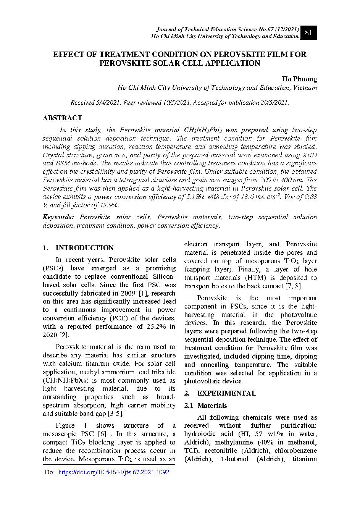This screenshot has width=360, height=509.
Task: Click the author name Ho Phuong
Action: coord(299,79)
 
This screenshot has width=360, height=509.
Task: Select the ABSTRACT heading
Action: coord(62,118)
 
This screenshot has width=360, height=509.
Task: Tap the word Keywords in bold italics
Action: coord(58,217)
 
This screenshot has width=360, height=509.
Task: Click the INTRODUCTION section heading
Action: coord(84,248)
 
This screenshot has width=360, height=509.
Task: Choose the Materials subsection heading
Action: coord(212,406)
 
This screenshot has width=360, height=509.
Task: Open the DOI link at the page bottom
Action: coord(114,472)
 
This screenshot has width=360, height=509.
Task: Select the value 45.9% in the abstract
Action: coord(108,205)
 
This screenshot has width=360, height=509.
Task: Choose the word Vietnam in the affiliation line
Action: coord(305,88)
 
